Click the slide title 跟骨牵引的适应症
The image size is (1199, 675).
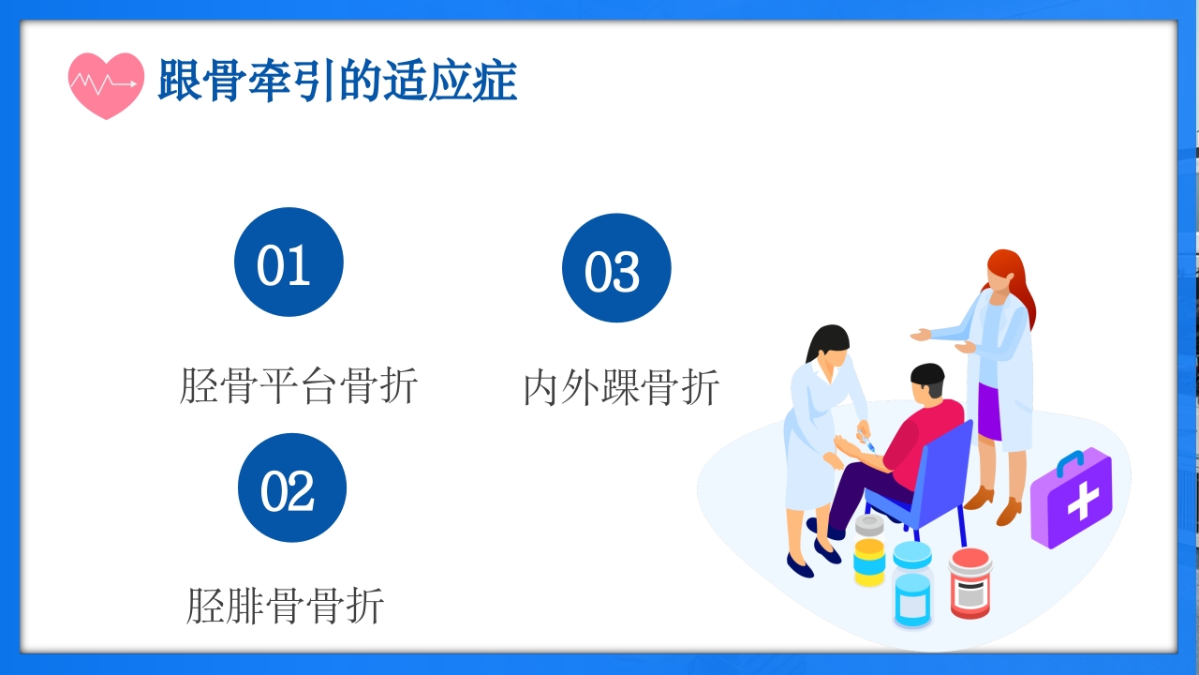pyautogui.click(x=337, y=82)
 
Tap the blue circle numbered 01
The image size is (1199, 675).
pyautogui.click(x=289, y=262)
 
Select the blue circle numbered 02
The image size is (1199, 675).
pyautogui.click(x=292, y=487)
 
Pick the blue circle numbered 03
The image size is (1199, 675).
pyautogui.click(x=616, y=268)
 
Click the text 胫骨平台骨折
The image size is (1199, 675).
pyautogui.click(x=298, y=386)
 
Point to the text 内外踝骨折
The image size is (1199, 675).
pyautogui.click(x=621, y=388)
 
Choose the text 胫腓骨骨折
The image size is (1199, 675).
pyautogui.click(x=285, y=606)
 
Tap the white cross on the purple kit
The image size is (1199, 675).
pyautogui.click(x=1082, y=502)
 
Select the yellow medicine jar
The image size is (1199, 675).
pyautogui.click(x=869, y=561)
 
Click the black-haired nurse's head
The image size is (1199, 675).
pyautogui.click(x=828, y=347)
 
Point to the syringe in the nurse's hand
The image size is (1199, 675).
pyautogui.click(x=866, y=442)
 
